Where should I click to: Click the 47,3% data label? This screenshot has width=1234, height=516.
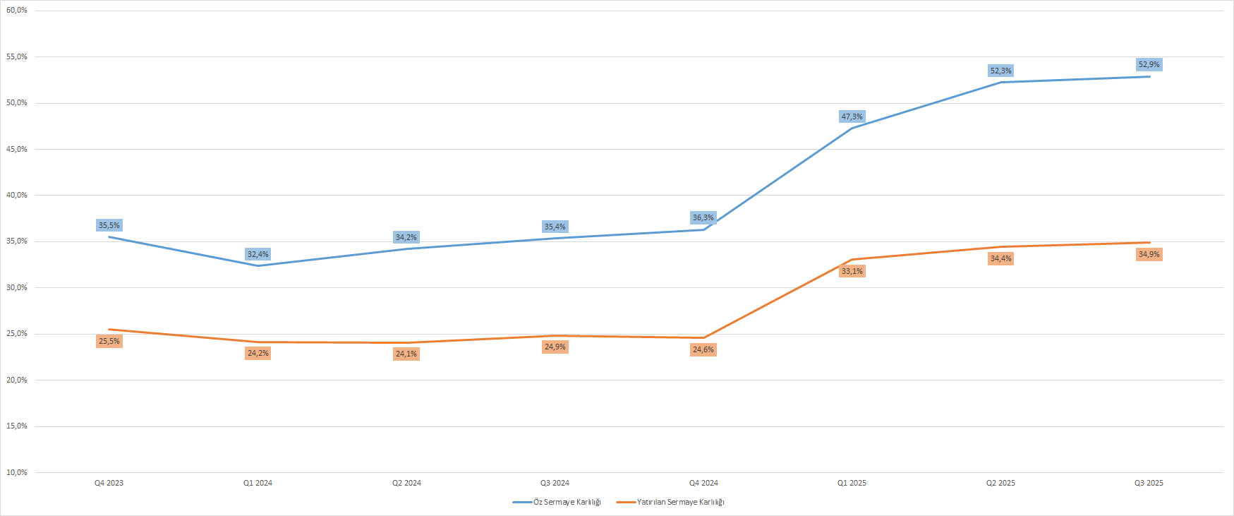852,116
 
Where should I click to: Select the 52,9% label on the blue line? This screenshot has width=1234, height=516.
1149,65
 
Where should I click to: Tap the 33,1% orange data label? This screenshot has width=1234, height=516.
852,271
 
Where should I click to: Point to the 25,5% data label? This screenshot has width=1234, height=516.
109,341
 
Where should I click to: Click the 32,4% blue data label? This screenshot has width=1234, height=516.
258,254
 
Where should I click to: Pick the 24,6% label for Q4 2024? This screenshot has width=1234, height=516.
703,349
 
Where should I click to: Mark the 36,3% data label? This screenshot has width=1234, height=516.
703,217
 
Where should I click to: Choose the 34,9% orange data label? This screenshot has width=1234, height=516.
1149,254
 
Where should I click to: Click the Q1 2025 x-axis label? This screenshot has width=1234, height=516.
852,483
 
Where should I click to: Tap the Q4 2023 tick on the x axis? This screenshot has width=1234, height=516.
109,483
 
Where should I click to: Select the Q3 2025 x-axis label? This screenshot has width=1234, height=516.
1149,483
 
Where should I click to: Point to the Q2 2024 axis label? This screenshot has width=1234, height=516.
406,483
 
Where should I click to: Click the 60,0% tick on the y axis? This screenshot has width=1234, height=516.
17,11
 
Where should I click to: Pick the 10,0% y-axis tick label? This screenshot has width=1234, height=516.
17,472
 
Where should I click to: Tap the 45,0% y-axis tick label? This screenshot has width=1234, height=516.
17,149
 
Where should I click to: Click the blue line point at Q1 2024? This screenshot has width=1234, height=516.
258,265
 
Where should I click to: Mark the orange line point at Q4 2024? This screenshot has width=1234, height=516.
703,337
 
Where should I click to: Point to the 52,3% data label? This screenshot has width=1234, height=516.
1000,71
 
